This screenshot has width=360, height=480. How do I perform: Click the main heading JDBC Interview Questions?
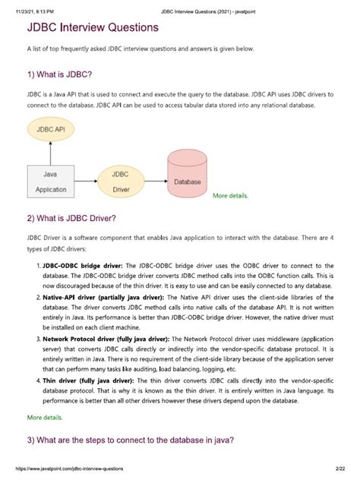click(93, 27)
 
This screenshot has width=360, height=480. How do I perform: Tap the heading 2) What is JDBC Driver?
click(71, 219)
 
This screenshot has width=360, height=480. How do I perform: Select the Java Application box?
click(52, 182)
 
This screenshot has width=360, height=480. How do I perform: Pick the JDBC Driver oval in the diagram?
click(120, 182)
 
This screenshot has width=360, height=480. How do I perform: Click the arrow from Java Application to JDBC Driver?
click(85, 182)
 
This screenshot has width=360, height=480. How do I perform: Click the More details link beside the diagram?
click(230, 196)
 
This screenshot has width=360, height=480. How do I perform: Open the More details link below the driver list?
click(46, 418)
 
